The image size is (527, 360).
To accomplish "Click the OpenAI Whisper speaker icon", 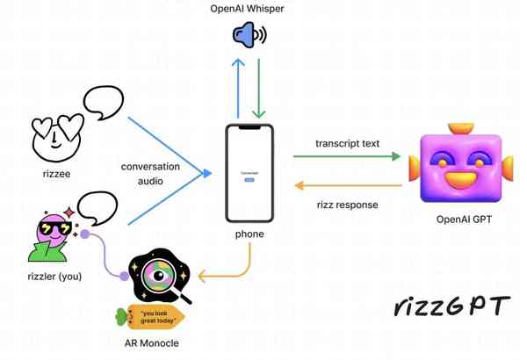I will (249, 36).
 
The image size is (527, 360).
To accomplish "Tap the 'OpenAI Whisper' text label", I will (247, 9).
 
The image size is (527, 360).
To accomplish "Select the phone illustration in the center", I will (248, 173).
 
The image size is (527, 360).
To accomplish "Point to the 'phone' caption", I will (249, 234).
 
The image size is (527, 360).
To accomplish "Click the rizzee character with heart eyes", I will (54, 136).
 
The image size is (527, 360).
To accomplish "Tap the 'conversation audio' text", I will (150, 174).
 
